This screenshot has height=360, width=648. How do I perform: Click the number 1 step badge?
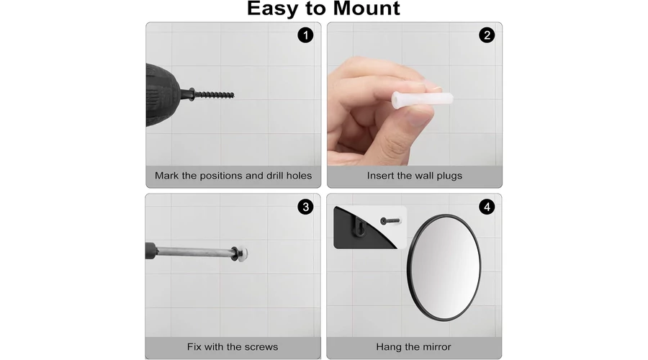(305, 35)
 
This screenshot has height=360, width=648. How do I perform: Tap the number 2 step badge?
(487, 35)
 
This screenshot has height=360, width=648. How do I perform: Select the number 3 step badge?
(305, 207)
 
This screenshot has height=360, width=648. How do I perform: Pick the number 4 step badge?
(487, 207)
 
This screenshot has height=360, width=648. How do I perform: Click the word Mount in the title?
(366, 8)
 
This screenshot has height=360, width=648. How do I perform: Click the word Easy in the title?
(273, 9)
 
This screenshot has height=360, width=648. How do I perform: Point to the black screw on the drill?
(212, 95)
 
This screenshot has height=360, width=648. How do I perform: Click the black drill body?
(163, 94)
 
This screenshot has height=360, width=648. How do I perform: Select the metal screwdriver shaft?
(194, 252)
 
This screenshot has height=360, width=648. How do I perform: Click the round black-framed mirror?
(444, 267)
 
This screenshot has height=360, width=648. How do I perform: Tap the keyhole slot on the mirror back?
(361, 227)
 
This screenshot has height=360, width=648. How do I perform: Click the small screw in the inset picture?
(390, 221)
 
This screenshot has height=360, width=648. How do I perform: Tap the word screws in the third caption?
(261, 347)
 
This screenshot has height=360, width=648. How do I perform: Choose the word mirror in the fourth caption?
(434, 347)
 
